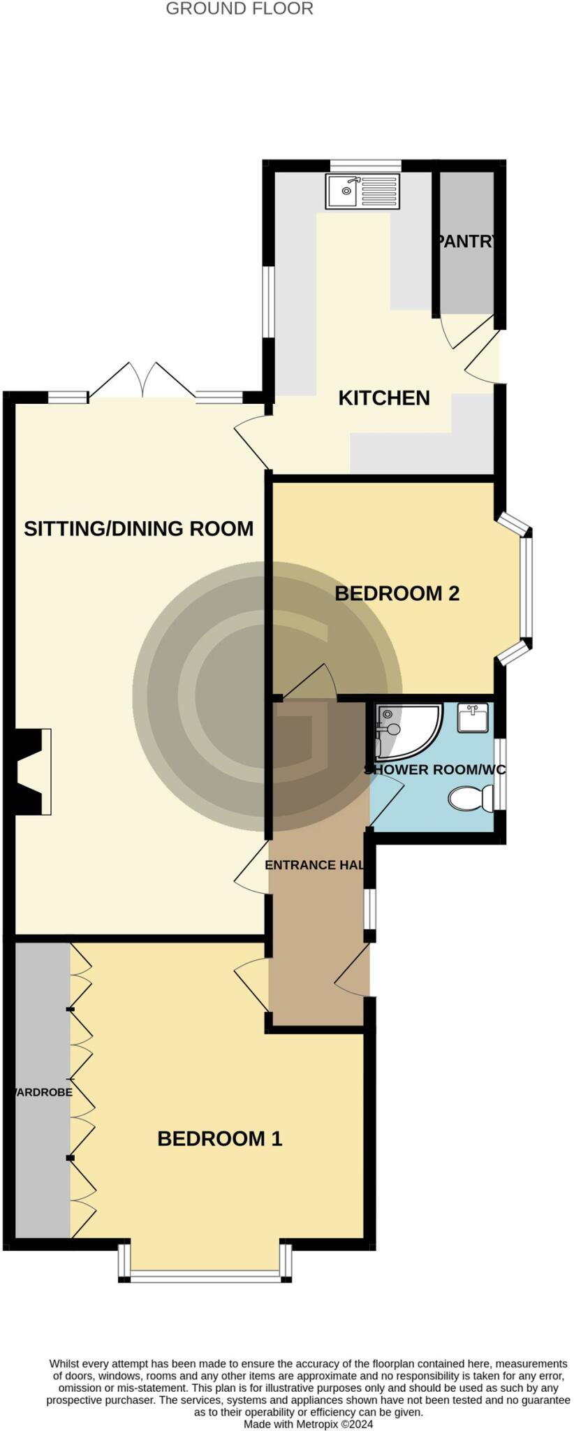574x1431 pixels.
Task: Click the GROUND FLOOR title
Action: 240,9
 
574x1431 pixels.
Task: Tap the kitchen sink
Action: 362,191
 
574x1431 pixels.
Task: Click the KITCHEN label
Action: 384,398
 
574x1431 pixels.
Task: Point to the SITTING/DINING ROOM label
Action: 138,529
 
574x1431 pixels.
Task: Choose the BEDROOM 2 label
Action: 397,594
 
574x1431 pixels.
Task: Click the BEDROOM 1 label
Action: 219,1139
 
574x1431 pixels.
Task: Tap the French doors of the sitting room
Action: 142,382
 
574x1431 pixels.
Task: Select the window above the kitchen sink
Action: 365,165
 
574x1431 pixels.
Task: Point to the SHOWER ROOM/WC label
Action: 434,770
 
